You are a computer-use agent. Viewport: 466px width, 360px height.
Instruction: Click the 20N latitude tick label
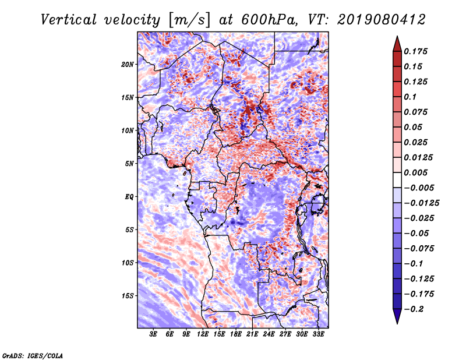pyautogui.click(x=128, y=65)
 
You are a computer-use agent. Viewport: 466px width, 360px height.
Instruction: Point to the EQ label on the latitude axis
pyautogui.click(x=129, y=197)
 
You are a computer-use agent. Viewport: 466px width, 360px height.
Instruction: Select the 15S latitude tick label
pyautogui.click(x=128, y=296)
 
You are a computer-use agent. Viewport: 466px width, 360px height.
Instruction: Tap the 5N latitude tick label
pyautogui.click(x=129, y=164)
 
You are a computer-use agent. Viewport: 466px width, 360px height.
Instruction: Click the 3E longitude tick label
pyautogui.click(x=153, y=334)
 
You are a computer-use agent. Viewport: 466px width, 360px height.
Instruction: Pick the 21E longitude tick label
pyautogui.click(x=252, y=334)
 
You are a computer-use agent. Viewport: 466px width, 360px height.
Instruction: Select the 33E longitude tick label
pyautogui.click(x=318, y=334)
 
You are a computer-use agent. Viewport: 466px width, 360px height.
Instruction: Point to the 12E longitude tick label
pyautogui.click(x=202, y=334)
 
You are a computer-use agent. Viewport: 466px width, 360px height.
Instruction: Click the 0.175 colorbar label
pyautogui.click(x=415, y=51)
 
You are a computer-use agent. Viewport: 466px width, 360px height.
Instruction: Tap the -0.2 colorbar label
pyautogui.click(x=414, y=309)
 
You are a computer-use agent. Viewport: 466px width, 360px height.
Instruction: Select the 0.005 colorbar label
pyautogui.click(x=415, y=172)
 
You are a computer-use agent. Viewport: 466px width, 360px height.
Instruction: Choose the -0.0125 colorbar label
pyautogui.click(x=421, y=203)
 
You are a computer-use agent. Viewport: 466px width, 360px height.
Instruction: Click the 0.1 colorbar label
pyautogui.click(x=410, y=97)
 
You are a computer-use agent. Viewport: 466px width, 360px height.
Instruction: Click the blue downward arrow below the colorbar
pyautogui.click(x=397, y=316)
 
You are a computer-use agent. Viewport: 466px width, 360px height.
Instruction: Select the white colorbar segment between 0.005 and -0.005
pyautogui.click(x=397, y=180)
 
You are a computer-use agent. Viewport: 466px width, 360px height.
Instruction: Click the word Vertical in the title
pyautogui.click(x=69, y=20)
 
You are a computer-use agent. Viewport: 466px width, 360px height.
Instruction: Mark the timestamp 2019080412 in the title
pyautogui.click(x=382, y=20)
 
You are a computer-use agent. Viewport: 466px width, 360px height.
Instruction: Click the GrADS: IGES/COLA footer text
pyautogui.click(x=33, y=356)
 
